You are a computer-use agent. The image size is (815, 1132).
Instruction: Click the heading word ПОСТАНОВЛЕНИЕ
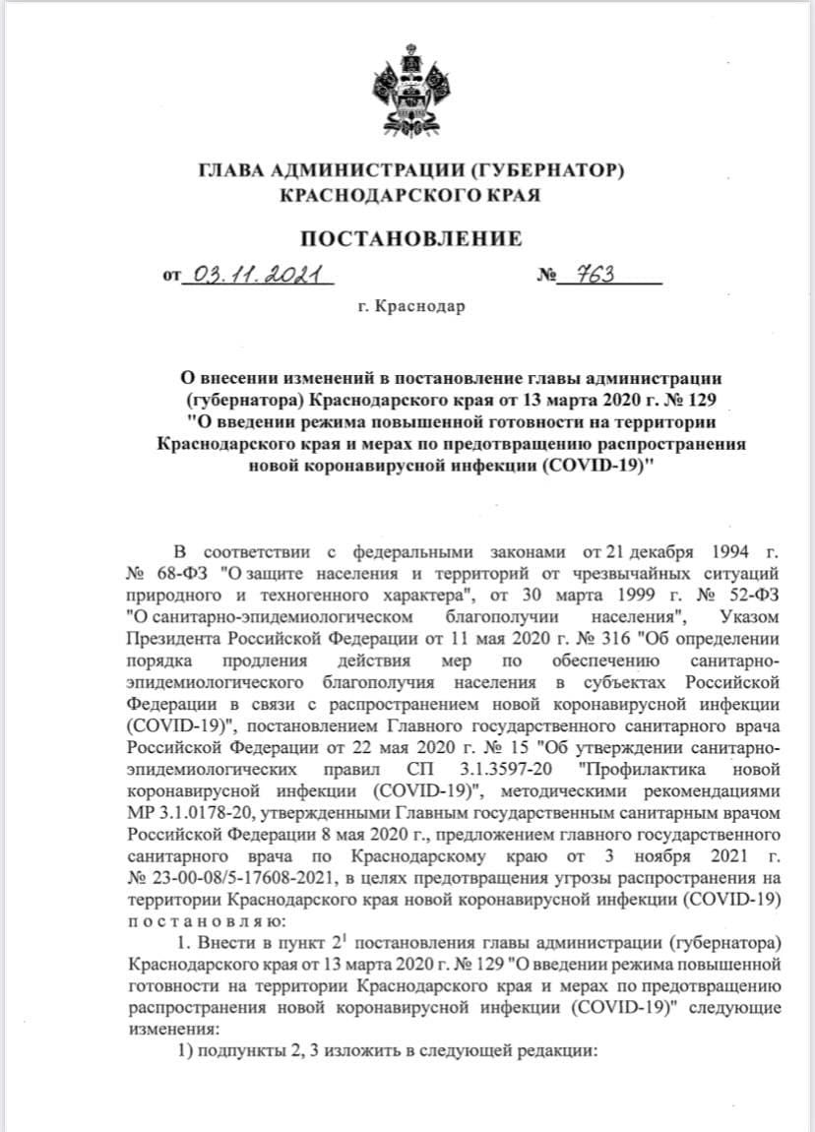[x=410, y=238]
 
